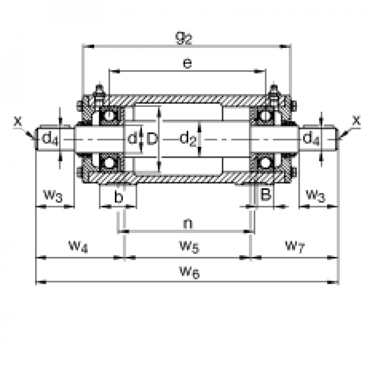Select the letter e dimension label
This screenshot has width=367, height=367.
(x=187, y=63)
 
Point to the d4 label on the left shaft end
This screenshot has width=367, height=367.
(x=50, y=139)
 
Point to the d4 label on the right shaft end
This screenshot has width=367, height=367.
(x=311, y=139)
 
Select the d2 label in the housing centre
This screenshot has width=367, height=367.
(x=187, y=139)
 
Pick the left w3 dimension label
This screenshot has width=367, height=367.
(x=53, y=195)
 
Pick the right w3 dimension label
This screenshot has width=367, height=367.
(x=315, y=195)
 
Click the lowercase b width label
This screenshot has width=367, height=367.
(x=119, y=198)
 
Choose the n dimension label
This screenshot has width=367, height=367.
(x=187, y=222)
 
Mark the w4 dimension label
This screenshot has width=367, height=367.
(x=78, y=247)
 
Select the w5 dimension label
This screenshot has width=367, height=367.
(x=188, y=247)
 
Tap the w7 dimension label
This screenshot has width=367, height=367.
(x=294, y=247)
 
